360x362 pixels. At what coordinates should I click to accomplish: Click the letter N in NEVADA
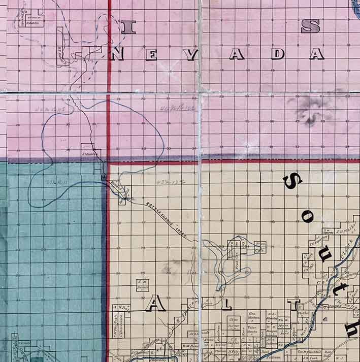(117, 54)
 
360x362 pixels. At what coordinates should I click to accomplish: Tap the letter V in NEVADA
(190, 54)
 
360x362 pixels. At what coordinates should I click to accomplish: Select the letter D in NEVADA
(277, 54)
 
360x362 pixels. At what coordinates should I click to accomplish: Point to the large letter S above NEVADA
(310, 26)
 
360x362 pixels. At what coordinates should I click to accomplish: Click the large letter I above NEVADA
(128, 26)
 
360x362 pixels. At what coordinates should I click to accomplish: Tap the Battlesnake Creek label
(165, 216)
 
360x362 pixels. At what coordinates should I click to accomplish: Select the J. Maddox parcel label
(90, 153)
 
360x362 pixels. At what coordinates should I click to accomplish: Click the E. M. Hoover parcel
(142, 285)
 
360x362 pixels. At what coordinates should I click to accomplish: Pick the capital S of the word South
(293, 180)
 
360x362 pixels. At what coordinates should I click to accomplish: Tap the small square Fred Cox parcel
(259, 247)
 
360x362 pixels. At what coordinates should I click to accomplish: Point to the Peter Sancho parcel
(252, 330)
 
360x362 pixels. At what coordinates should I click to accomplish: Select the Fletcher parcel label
(304, 315)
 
